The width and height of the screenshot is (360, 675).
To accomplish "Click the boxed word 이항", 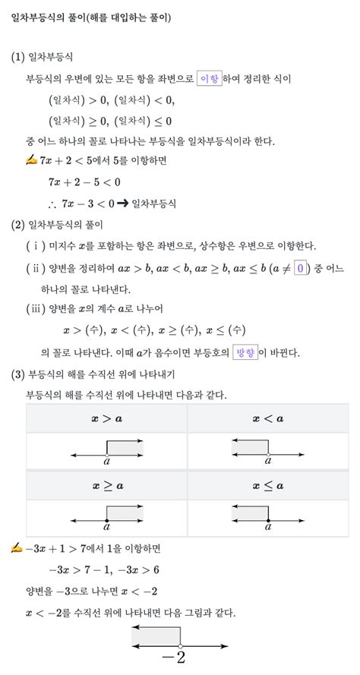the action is tap(209, 79).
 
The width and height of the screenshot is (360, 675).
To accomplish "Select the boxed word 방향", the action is tap(245, 353).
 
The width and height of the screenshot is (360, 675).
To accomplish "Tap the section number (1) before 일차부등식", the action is tap(18, 57).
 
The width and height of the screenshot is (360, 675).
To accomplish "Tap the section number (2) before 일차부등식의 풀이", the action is tap(18, 225).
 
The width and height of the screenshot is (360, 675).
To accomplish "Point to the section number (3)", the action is tap(18, 375).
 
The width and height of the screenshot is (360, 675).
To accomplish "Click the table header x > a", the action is tap(107, 418).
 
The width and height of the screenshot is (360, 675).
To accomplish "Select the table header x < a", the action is tap(268, 418).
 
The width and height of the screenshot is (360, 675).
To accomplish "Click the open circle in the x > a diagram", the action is tap(106, 454).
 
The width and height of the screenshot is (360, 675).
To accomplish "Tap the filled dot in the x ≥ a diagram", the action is tap(106, 520).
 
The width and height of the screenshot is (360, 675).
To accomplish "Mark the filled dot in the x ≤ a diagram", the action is tap(268, 520).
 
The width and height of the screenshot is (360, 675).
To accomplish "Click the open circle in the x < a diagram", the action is tap(268, 454).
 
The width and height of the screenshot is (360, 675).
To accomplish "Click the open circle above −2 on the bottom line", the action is tap(180, 645).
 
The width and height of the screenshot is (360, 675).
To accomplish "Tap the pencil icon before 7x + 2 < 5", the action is tap(31, 161).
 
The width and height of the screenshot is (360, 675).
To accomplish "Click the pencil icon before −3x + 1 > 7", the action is tap(17, 548).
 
